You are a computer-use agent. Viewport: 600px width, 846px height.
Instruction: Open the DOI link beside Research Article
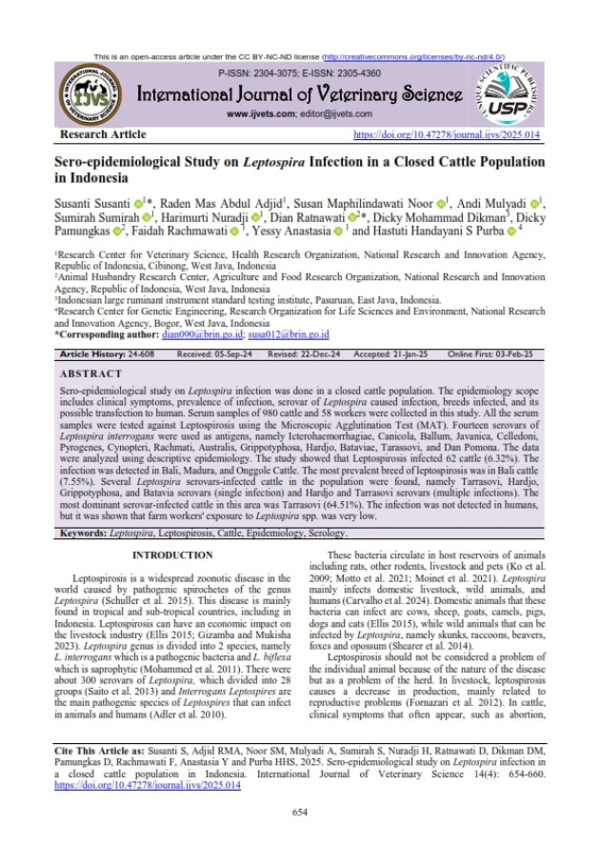pyautogui.click(x=447, y=135)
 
